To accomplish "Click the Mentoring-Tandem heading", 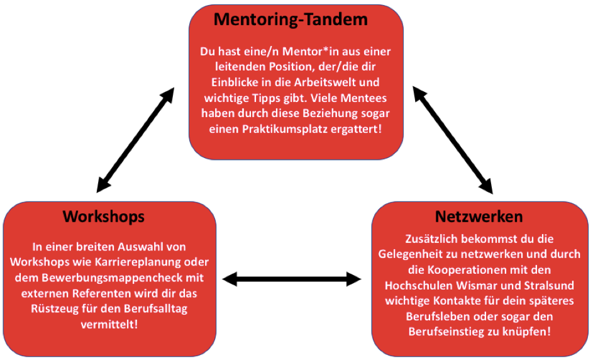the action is (291, 20).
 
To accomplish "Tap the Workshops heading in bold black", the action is (104, 217).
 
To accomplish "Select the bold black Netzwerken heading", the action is (479, 217).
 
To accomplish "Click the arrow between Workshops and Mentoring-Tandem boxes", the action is (135, 140).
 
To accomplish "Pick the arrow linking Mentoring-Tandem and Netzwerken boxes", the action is (453, 140).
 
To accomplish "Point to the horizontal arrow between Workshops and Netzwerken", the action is (292, 279).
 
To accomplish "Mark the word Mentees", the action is (363, 98).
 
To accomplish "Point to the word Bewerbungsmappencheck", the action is (108, 278).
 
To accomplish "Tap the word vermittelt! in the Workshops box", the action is (109, 324).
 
